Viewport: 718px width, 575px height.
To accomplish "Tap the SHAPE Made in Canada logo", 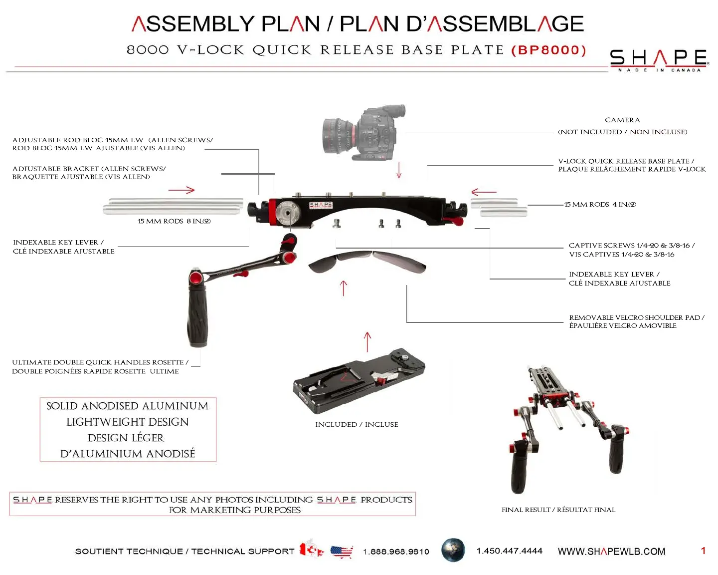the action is pyautogui.click(x=658, y=60).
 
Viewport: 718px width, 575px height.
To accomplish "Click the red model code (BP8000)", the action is pyautogui.click(x=549, y=50).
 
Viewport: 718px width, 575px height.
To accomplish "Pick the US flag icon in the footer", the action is pyautogui.click(x=342, y=552).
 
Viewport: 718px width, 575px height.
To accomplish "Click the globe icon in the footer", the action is pyautogui.click(x=453, y=550).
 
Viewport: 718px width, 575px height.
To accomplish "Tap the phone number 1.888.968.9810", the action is pyautogui.click(x=396, y=552).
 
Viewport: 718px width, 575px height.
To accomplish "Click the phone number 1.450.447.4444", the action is pyautogui.click(x=509, y=551).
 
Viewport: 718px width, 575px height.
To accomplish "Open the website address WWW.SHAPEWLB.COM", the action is pyautogui.click(x=611, y=552).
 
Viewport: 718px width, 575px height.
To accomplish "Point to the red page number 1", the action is pyautogui.click(x=703, y=551).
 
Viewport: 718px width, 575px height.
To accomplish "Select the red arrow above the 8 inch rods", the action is pyautogui.click(x=181, y=190).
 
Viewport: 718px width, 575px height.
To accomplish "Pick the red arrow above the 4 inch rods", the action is pyautogui.click(x=484, y=192).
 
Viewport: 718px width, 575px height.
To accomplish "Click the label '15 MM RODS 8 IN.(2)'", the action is pyautogui.click(x=174, y=221).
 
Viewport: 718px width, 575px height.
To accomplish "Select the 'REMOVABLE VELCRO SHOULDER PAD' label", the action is pyautogui.click(x=636, y=317).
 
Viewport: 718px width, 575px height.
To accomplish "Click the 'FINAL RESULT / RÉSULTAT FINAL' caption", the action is pyautogui.click(x=558, y=510).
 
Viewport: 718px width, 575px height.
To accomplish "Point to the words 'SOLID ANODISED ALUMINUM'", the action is pyautogui.click(x=127, y=406).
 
